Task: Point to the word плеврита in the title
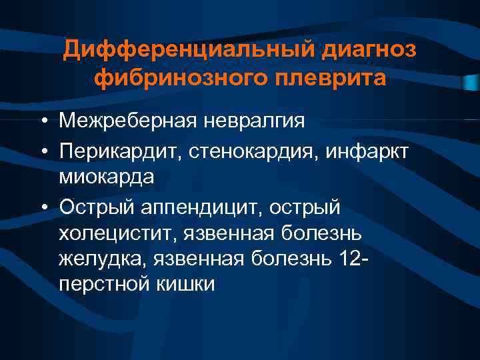[332, 79]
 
